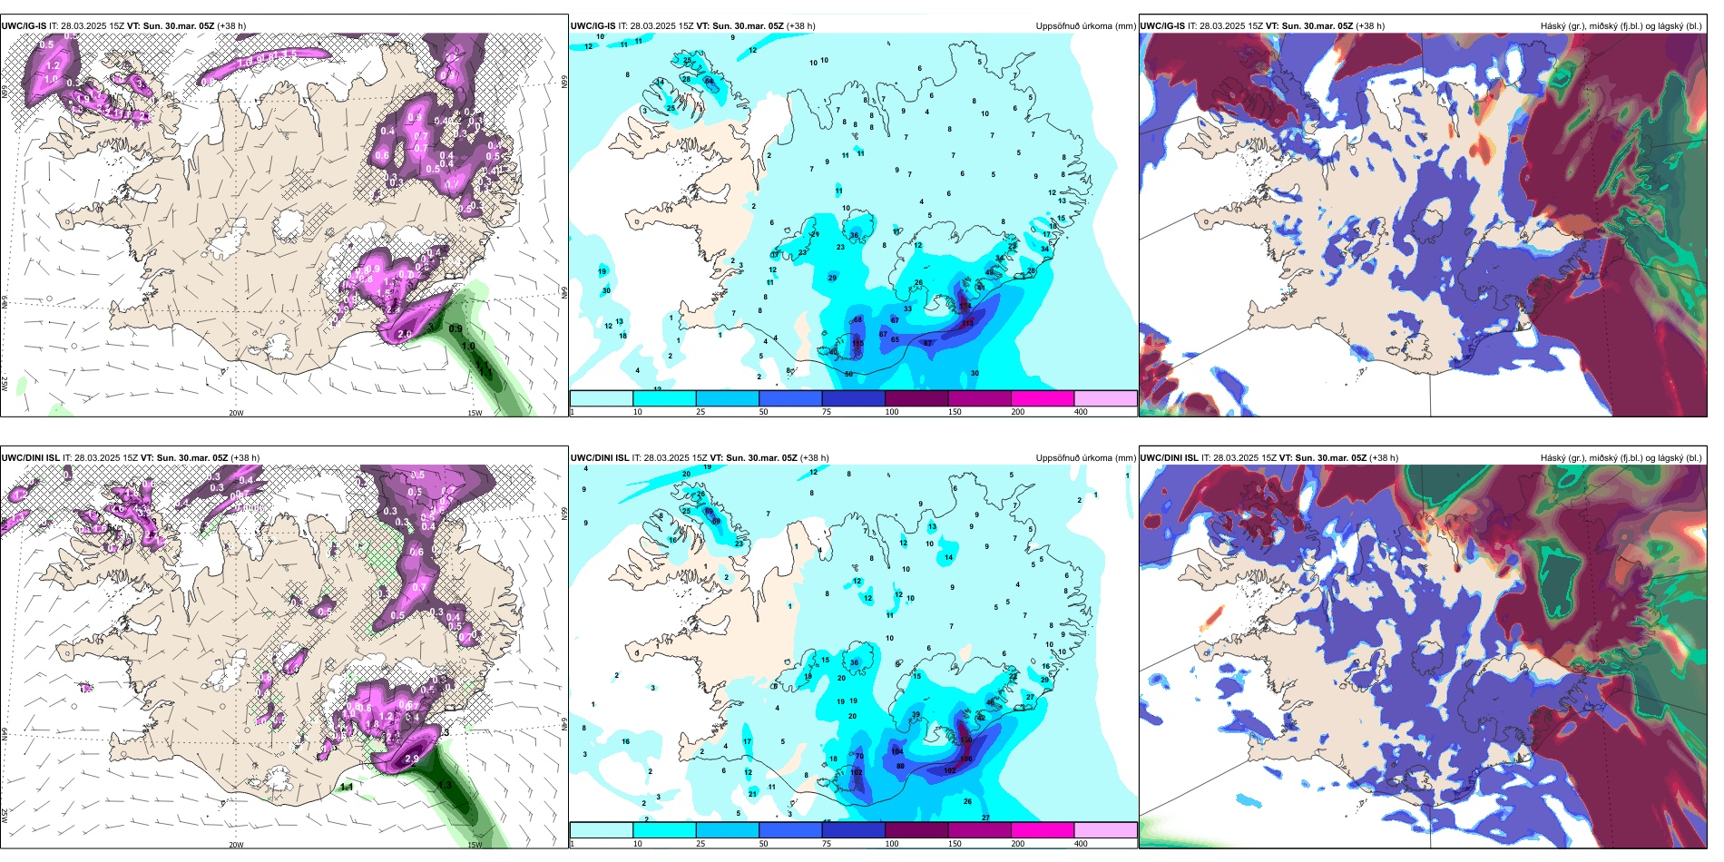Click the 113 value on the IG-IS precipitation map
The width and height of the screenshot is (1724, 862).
point(967,323)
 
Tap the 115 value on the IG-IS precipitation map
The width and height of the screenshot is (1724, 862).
point(857,343)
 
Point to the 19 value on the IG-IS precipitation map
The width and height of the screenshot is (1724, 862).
point(602,272)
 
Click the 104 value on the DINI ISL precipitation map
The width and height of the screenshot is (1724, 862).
point(897,751)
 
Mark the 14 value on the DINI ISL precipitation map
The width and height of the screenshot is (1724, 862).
point(949,557)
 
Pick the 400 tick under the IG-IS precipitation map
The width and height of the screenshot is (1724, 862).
point(1081,412)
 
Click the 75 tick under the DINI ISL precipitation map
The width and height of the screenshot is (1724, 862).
point(827,844)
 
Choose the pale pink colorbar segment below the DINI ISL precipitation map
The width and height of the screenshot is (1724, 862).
point(1105,830)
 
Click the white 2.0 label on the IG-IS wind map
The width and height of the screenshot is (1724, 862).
point(405,334)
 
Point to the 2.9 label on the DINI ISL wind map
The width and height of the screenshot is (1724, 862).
point(412,759)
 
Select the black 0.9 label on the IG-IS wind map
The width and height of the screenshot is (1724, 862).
point(455,328)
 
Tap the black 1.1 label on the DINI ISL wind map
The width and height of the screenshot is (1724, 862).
point(347,787)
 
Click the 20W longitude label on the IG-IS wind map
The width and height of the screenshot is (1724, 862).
point(236,413)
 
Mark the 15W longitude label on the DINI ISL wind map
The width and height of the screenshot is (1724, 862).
point(474,845)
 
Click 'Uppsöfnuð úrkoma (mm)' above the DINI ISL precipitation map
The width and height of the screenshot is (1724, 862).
point(1085,458)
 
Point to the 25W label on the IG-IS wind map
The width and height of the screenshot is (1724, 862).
point(5,384)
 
